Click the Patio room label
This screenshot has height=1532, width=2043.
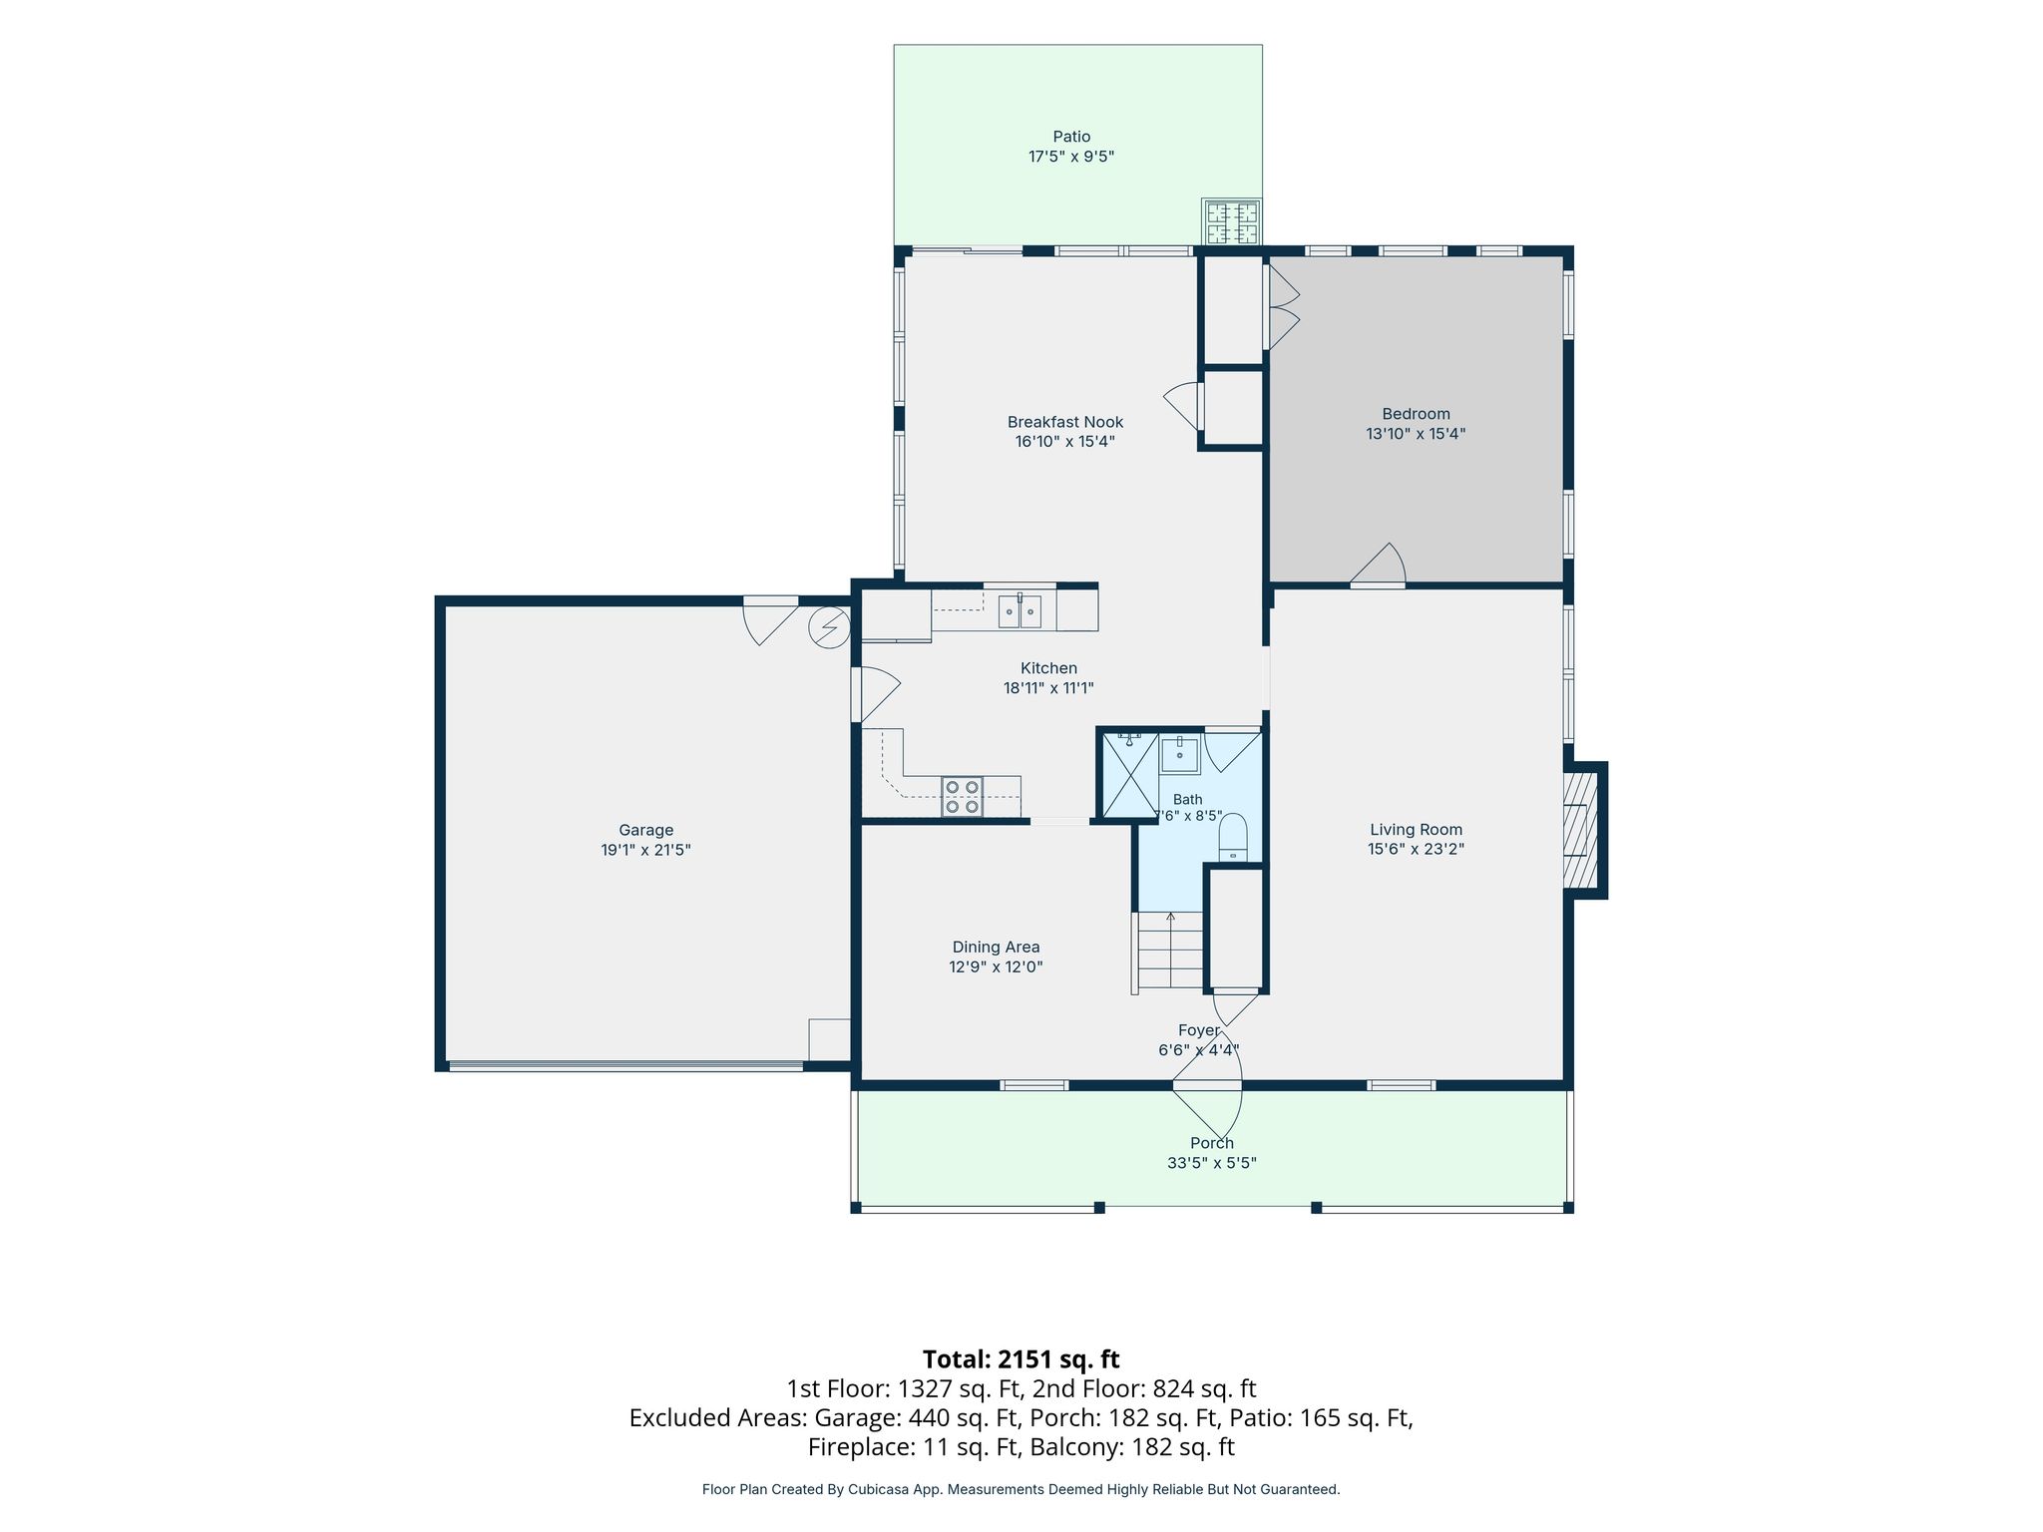pyautogui.click(x=1071, y=137)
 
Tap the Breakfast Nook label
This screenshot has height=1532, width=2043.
pyautogui.click(x=1065, y=422)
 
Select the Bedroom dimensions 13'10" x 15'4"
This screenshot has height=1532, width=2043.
pyautogui.click(x=1416, y=434)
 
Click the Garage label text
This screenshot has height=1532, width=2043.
pyautogui.click(x=646, y=830)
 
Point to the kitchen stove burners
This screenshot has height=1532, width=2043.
pyautogui.click(x=963, y=797)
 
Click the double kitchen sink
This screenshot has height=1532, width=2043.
pyautogui.click(x=1020, y=611)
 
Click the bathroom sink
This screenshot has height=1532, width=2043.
pyautogui.click(x=1180, y=755)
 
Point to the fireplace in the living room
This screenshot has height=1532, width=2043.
pyautogui.click(x=1582, y=831)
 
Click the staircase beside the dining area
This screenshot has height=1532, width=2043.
pyautogui.click(x=1169, y=952)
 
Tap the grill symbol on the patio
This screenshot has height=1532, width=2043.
pyautogui.click(x=1232, y=221)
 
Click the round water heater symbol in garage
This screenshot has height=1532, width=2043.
pyautogui.click(x=830, y=628)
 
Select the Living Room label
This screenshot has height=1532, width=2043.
pyautogui.click(x=1416, y=829)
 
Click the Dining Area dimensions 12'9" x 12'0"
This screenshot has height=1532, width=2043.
pyautogui.click(x=996, y=966)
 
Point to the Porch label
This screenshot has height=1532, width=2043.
pyautogui.click(x=1212, y=1143)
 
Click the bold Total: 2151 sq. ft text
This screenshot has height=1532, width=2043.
pyautogui.click(x=1021, y=1359)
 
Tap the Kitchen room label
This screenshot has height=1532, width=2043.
pyautogui.click(x=1048, y=668)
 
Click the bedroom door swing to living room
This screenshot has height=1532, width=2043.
pyautogui.click(x=1378, y=565)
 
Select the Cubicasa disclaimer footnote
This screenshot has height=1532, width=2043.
pyautogui.click(x=1021, y=1489)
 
